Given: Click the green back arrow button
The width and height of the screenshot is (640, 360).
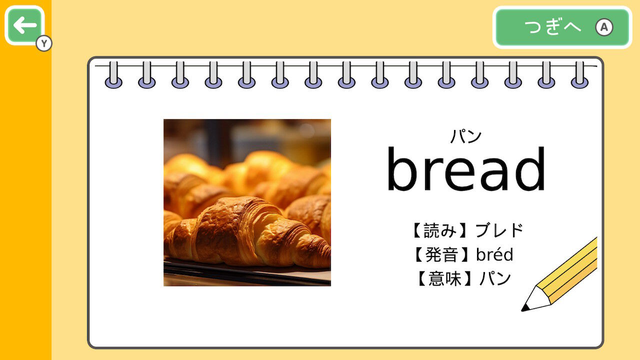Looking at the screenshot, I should coord(24,25).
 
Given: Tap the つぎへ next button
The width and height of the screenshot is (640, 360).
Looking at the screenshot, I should coord(562,27).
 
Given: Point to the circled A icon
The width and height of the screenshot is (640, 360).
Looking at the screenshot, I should coord(604,27).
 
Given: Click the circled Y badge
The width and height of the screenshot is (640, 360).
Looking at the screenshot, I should coord(44,43).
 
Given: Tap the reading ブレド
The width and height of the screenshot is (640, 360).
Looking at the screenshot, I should coord(499,230).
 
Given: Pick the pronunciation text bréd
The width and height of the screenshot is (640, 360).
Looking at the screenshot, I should coord(494,254).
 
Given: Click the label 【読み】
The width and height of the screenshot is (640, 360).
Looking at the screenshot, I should coord(440,230).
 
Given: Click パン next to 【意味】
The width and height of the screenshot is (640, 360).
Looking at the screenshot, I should coord(495,278).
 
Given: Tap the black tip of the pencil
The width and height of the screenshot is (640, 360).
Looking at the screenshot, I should coord(525,307).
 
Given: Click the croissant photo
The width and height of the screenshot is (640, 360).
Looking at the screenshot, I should coord(247,202).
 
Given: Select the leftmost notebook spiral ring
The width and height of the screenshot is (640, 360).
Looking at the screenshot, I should coord(113,75).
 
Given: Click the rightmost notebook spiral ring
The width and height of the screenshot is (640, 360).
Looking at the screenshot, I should coord(579,75).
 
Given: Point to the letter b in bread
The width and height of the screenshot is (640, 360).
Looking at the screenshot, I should coord(403,169).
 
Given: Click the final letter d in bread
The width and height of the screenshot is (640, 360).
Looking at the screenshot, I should coord(529,169).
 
